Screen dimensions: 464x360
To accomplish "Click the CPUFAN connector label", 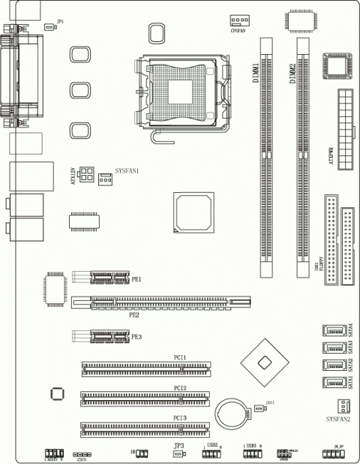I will [x=238, y=30].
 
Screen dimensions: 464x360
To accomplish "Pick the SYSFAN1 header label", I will [x=127, y=171].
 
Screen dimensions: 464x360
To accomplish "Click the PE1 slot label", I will [x=136, y=279].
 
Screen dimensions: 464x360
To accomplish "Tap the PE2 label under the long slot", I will [x=134, y=315].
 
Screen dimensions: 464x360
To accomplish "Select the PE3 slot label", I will [x=136, y=337].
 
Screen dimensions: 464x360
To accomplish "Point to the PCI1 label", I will [x=180, y=357].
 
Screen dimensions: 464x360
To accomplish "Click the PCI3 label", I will [x=180, y=417].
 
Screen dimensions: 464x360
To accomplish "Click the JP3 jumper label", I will [x=178, y=446].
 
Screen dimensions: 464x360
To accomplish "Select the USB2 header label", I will [x=212, y=445].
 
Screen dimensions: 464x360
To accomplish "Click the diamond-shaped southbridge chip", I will [x=262, y=363].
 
